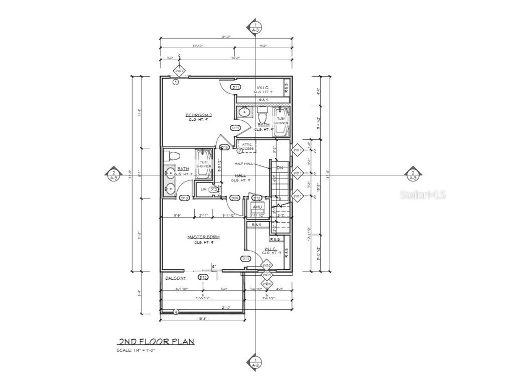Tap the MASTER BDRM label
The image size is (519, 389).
pos(204,237)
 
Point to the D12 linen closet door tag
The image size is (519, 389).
pos(213,189)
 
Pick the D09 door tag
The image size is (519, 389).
pos(234,198)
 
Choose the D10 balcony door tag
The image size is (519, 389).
pos(203,277)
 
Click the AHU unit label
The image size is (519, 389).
pos(257,207)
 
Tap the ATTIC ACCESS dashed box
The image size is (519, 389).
pos(247,146)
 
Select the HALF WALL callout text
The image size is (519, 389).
pos(244,164)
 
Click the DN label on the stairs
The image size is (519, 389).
pos(280,167)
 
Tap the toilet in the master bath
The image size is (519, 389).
pos(170,155)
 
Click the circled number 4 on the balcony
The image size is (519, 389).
pos(176,312)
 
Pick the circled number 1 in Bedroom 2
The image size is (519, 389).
pos(176,82)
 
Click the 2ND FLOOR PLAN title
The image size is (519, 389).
pos(156,342)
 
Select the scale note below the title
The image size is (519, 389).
pos(136,350)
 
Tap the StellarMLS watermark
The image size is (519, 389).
pos(423,195)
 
